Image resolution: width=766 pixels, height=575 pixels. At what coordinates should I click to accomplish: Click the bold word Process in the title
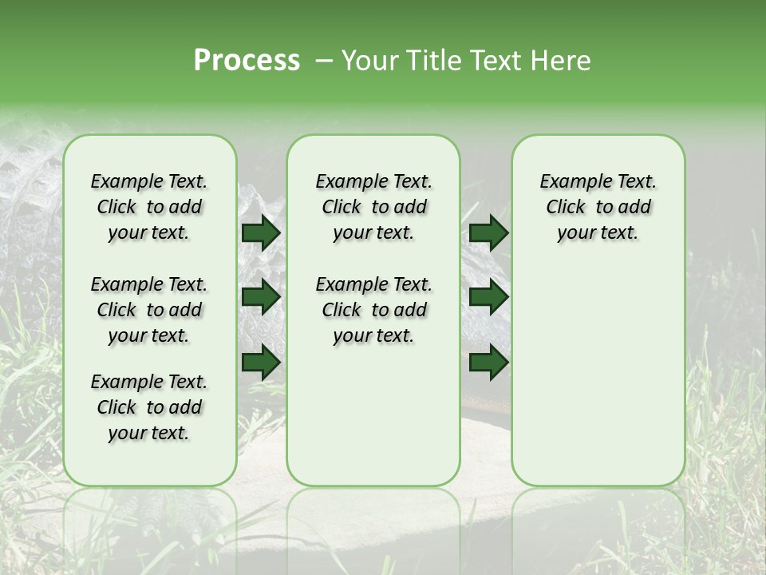coord(247,61)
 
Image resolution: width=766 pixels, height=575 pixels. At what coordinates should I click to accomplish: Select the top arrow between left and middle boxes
coord(260,232)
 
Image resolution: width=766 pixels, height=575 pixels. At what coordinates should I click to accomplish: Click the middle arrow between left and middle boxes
coord(260,297)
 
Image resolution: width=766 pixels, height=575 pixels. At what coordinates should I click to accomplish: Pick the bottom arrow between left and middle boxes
coord(260,363)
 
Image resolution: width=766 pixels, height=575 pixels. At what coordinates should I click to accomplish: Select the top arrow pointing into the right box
coord(488,232)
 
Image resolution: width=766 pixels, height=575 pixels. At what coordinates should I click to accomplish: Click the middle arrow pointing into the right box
coord(488,297)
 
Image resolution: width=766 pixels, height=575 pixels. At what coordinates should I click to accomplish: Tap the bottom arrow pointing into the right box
coord(488,363)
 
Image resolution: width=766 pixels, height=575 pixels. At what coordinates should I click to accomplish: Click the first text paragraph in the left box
coord(149,207)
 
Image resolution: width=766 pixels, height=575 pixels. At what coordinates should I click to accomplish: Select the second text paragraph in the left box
coord(149,310)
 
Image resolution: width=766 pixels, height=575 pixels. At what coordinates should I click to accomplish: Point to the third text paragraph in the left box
coord(149,407)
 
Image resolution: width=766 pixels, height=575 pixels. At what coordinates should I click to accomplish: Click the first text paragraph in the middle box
coord(373,207)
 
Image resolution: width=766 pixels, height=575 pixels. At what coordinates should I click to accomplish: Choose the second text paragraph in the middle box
coord(373,310)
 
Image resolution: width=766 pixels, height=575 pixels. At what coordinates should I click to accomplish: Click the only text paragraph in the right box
coord(598,207)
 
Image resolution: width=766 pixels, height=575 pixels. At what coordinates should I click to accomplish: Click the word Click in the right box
coord(566,208)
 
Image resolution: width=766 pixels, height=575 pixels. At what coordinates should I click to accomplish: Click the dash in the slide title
coord(324,61)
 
